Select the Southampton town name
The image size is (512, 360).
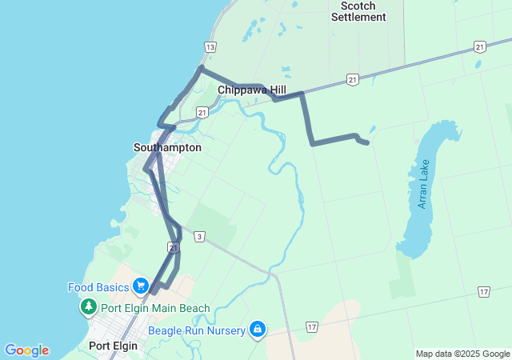click(x=167, y=148)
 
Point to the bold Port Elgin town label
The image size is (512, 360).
click(x=114, y=346)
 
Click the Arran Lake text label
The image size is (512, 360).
click(x=423, y=185)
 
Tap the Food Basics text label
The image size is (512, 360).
click(x=98, y=286)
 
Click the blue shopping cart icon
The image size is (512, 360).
click(x=141, y=286)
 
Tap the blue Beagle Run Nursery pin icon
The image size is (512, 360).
click(x=258, y=329)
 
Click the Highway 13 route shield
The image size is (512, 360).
click(x=210, y=47)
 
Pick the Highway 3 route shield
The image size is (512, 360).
click(x=199, y=236)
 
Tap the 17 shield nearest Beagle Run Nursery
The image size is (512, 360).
click(x=312, y=327)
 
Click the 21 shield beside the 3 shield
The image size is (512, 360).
click(x=173, y=248)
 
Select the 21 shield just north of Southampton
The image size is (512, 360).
click(x=202, y=114)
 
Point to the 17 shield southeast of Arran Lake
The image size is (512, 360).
click(x=484, y=292)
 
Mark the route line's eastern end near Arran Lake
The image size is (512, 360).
click(x=366, y=142)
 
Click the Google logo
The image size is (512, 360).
click(x=26, y=350)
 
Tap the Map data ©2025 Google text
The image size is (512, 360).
click(x=462, y=354)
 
